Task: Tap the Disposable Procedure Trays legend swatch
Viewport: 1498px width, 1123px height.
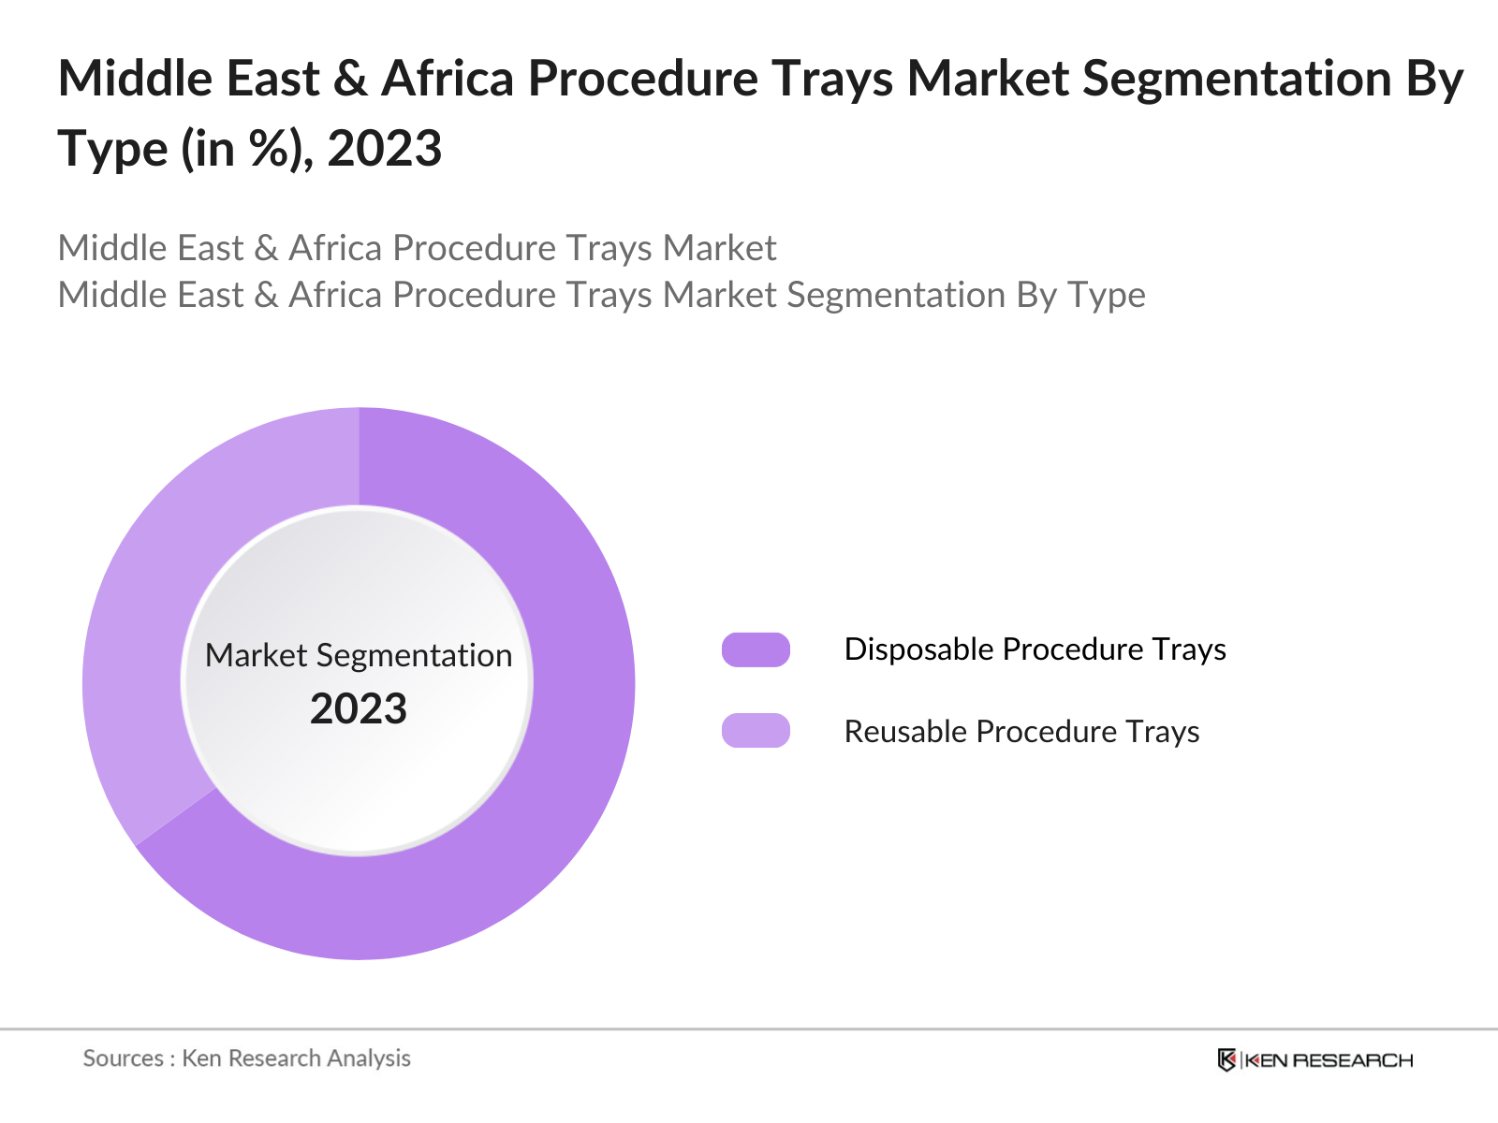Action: tap(756, 649)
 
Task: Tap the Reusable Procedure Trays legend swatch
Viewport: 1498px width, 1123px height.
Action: tap(756, 731)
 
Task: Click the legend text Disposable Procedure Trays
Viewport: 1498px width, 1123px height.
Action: tap(1035, 649)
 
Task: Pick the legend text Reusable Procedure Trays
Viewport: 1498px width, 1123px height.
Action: tap(1021, 731)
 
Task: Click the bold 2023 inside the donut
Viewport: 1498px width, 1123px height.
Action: tap(359, 709)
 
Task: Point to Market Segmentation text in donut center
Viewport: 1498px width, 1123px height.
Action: tap(359, 655)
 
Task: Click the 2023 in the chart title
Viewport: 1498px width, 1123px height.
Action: tap(385, 149)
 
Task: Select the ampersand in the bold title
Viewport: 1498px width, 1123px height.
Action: tap(350, 79)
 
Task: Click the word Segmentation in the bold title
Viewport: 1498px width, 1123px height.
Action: tap(1237, 79)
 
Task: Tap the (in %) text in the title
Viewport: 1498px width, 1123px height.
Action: tap(247, 149)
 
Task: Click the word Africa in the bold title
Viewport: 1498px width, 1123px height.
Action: tap(448, 79)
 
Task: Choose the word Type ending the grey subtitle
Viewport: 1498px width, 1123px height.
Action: tap(1107, 296)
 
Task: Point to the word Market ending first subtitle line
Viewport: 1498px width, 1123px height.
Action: tap(720, 249)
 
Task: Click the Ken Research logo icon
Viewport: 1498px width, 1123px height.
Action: tap(1226, 1059)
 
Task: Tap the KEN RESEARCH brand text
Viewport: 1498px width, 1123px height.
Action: tap(1329, 1060)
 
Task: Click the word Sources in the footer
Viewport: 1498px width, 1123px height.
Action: tap(124, 1058)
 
